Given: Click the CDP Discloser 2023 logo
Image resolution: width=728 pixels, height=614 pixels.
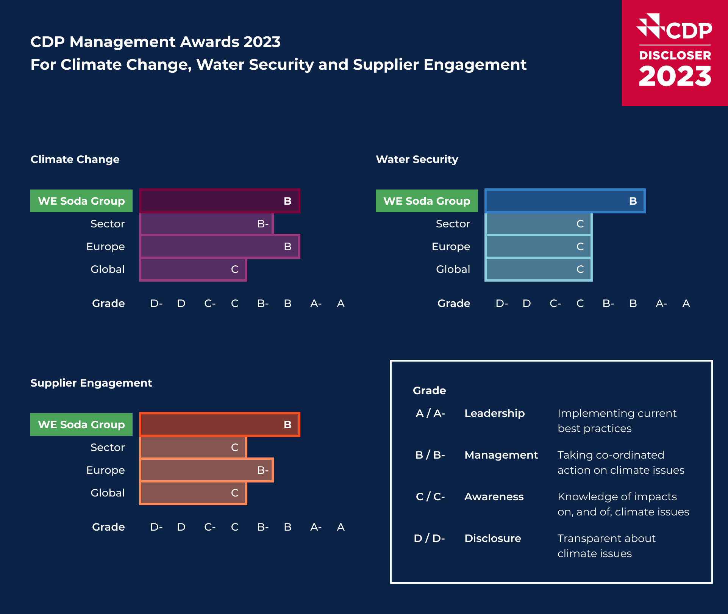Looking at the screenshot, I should [675, 53].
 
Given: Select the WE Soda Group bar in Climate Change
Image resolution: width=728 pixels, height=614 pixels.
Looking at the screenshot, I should [220, 201].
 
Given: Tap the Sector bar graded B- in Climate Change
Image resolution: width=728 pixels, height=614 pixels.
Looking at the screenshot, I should [206, 224].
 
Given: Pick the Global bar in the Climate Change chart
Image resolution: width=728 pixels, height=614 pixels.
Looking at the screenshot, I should [193, 269].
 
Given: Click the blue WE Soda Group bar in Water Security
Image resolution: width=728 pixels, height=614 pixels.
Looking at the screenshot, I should [565, 201].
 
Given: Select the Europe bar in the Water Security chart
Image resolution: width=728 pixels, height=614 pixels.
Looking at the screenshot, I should [538, 246].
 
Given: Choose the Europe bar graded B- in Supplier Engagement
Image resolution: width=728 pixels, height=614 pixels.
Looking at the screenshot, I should [206, 470].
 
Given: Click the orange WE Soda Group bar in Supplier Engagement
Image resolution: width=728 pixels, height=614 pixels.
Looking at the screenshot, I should [220, 424].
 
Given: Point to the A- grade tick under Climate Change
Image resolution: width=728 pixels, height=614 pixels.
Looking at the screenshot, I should [316, 303].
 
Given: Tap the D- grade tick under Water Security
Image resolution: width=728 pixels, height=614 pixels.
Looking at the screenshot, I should [501, 303].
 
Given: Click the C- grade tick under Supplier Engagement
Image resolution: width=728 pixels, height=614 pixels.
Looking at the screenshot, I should [209, 527].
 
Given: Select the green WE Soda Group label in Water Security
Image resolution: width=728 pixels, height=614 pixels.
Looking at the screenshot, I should [426, 201].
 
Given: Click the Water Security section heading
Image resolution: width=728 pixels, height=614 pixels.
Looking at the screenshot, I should [417, 159].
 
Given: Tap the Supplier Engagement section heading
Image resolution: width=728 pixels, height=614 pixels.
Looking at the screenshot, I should [91, 383].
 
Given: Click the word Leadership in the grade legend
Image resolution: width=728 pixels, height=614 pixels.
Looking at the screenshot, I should [494, 413].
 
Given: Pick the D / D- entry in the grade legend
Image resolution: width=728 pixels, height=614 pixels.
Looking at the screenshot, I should [429, 538].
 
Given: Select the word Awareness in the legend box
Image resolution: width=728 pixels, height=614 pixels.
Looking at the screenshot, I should [494, 497].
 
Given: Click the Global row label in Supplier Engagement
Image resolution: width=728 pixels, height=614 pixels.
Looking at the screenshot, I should [108, 493].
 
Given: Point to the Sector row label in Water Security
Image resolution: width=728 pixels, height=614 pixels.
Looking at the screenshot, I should [453, 224].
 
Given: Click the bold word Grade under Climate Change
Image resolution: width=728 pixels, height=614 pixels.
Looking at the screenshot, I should [108, 303].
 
